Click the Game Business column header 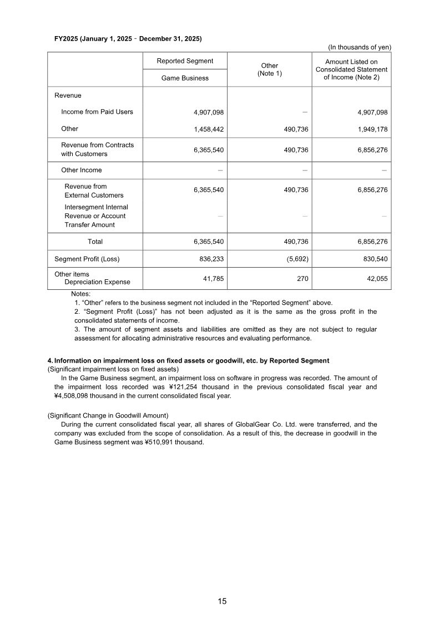tap(185, 78)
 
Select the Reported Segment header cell tap(185, 61)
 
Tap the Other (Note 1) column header tap(270, 69)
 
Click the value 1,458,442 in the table tap(209, 129)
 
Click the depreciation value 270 tap(302, 279)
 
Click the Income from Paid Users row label tap(97, 112)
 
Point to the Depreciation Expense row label tap(98, 282)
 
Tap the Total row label tap(95, 242)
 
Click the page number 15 tap(222, 601)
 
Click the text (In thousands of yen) tap(360, 47)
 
